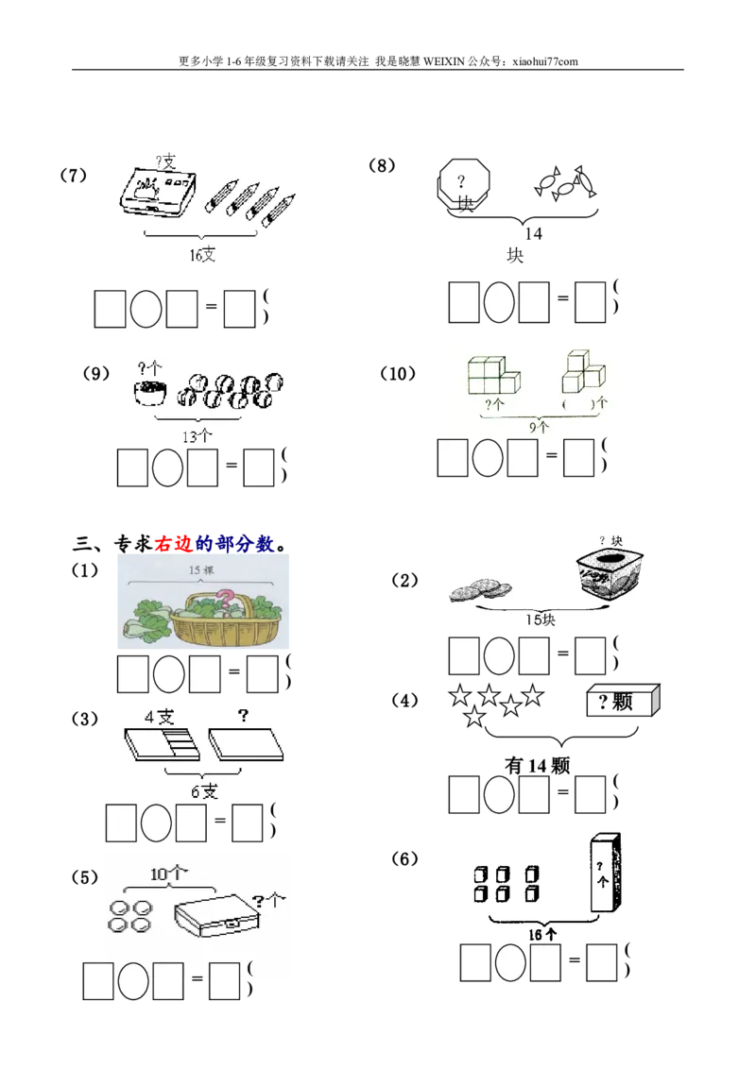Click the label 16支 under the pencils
[200, 255]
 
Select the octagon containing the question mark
[464, 183]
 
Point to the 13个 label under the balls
[196, 435]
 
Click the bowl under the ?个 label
[149, 392]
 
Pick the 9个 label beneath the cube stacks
[539, 427]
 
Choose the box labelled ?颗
[622, 702]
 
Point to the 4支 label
[159, 717]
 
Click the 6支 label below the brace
[204, 791]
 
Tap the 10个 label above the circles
[168, 874]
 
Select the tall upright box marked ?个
[603, 874]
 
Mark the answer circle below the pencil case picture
[146, 309]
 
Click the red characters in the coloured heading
[174, 543]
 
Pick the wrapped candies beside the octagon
[565, 183]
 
